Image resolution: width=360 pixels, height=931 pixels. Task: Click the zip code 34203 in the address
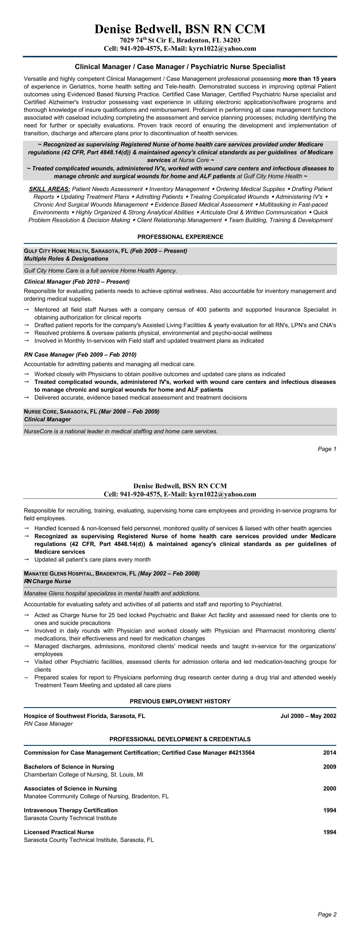(231, 40)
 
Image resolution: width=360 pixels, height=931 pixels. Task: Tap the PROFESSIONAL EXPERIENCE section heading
(180, 237)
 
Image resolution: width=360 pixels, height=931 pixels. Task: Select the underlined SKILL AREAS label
(49, 189)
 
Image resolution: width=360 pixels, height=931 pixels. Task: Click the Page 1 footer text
(327, 449)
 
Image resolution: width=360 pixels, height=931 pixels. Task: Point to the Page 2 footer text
(327, 914)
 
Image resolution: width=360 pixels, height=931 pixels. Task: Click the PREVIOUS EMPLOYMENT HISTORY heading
(180, 701)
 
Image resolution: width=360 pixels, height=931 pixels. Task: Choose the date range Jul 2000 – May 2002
(308, 716)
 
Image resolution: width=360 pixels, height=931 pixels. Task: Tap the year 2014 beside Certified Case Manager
(329, 753)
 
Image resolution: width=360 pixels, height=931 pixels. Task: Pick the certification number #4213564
(237, 753)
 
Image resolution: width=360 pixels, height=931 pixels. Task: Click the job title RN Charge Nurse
(47, 582)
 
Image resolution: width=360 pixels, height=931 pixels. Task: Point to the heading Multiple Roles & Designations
(66, 259)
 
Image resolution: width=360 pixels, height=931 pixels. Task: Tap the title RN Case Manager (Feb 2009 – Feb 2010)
(80, 355)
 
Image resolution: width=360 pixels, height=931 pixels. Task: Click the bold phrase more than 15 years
(309, 79)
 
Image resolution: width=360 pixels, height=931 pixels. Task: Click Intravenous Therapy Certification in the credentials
(71, 810)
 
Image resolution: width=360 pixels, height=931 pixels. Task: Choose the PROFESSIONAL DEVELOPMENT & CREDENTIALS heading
(180, 739)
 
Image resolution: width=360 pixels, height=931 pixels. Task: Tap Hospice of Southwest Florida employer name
(84, 716)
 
